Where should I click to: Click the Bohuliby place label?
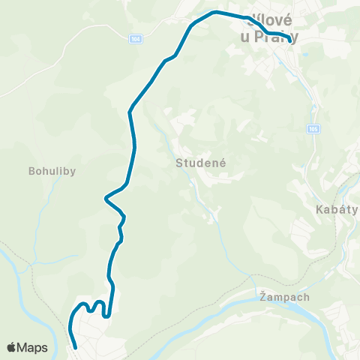point(52,170)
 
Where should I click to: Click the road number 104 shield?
point(135,39)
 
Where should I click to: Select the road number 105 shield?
point(312,130)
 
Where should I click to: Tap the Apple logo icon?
point(12,347)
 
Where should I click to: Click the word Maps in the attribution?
point(32,347)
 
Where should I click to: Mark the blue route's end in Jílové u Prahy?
point(290,42)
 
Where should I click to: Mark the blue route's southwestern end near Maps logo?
point(76,347)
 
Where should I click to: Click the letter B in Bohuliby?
point(31,170)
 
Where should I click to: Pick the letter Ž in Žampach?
point(262,296)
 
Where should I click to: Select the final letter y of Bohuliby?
point(73,172)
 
